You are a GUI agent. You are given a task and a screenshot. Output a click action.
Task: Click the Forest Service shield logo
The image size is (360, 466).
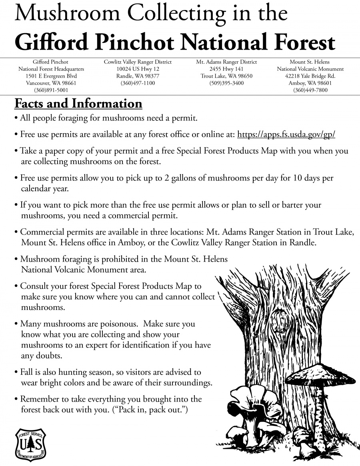tap(30, 444)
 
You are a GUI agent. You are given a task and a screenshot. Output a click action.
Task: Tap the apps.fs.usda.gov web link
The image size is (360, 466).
tap(286, 134)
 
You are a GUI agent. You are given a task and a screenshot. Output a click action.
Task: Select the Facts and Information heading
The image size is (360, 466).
tap(78, 104)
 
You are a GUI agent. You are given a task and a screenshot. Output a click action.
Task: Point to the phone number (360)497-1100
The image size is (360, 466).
tap(138, 83)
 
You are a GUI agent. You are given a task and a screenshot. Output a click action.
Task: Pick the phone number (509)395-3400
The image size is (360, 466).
tap(226, 83)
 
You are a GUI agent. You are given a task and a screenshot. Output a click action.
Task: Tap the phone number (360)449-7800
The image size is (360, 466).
tap(310, 90)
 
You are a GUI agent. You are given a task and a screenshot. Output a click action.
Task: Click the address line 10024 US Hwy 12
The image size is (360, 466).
tap(138, 69)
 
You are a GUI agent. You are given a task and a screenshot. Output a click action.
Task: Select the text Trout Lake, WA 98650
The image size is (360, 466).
tap(226, 76)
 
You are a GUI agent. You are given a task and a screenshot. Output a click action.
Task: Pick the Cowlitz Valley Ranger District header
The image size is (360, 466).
tap(138, 62)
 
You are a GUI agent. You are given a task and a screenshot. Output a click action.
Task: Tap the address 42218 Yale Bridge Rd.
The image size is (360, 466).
tap(310, 76)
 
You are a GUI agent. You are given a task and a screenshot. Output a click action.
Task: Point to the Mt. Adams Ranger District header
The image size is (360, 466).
tap(226, 62)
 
